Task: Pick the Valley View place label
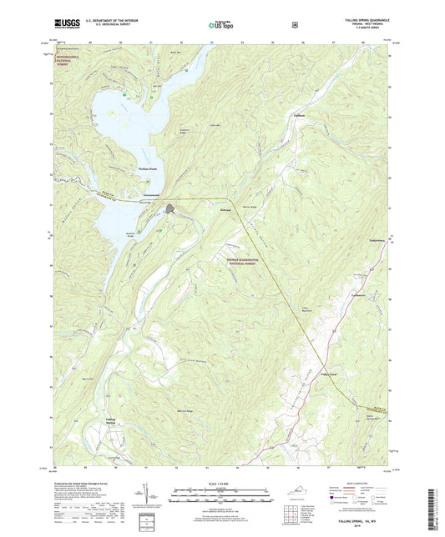(x=311, y=374)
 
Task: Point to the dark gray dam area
(x=170, y=209)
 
